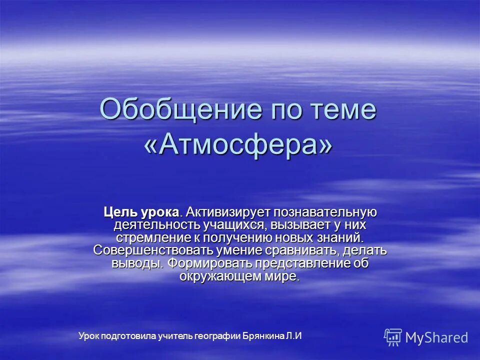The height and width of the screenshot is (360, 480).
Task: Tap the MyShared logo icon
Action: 393,337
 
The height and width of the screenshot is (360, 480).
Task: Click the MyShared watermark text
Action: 436,338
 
